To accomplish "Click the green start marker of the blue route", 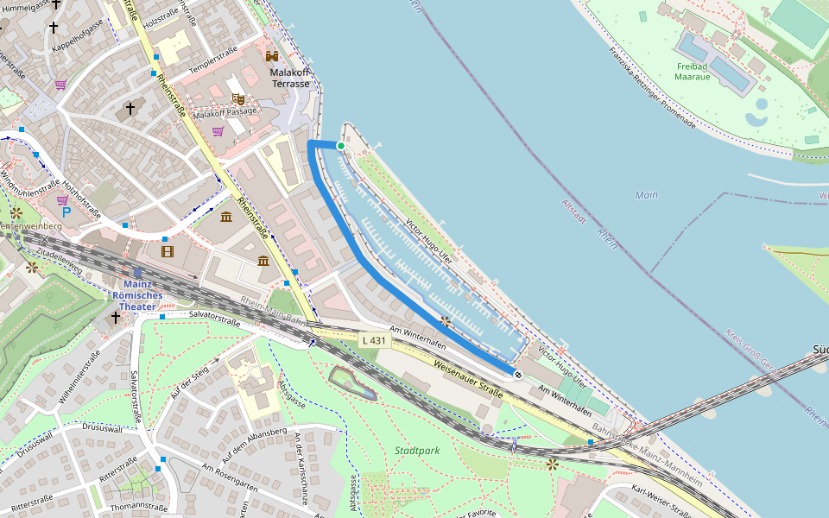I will [x=341, y=147].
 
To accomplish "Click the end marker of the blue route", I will [x=517, y=375].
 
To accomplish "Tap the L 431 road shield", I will [x=375, y=341].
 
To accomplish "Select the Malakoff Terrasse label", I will [x=290, y=78].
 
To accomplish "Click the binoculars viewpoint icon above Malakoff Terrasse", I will [x=273, y=55].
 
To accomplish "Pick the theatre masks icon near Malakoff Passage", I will [x=237, y=98].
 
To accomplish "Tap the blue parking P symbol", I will [x=65, y=212].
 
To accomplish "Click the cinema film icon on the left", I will [x=167, y=252].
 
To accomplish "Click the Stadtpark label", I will [x=417, y=451].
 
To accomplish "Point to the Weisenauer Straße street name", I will [x=468, y=379].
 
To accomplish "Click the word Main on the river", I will [x=646, y=195].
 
